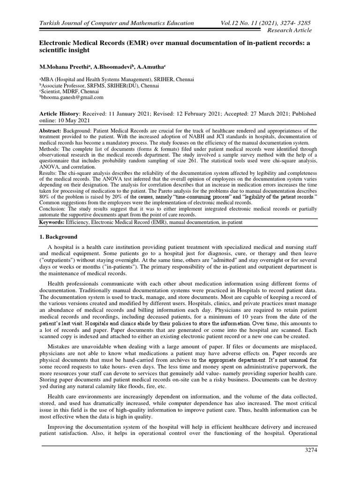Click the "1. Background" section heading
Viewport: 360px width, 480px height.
[60, 237]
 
